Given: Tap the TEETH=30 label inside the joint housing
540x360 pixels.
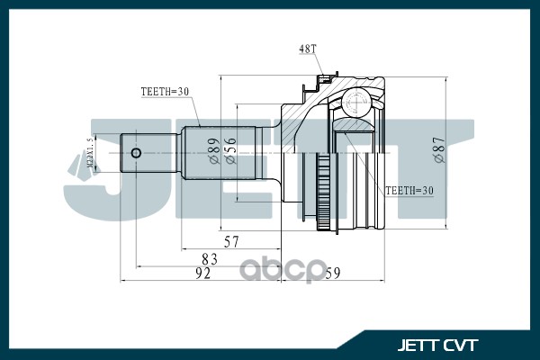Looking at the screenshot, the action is coord(409,190).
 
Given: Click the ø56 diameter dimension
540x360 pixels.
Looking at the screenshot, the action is coord(231,151).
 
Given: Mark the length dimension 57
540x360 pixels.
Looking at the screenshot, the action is coord(230,241).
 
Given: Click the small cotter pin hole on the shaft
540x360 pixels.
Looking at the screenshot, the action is coord(135,152).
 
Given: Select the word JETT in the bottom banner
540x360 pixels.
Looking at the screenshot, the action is coord(418,345).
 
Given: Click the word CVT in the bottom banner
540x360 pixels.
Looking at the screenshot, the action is coord(461,345).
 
